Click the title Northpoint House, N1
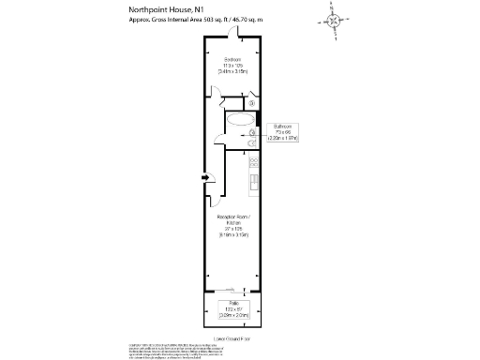coord(166,9)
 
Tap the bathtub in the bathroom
coord(240,121)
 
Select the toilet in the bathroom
coord(252,143)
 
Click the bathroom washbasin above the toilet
coord(252,134)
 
